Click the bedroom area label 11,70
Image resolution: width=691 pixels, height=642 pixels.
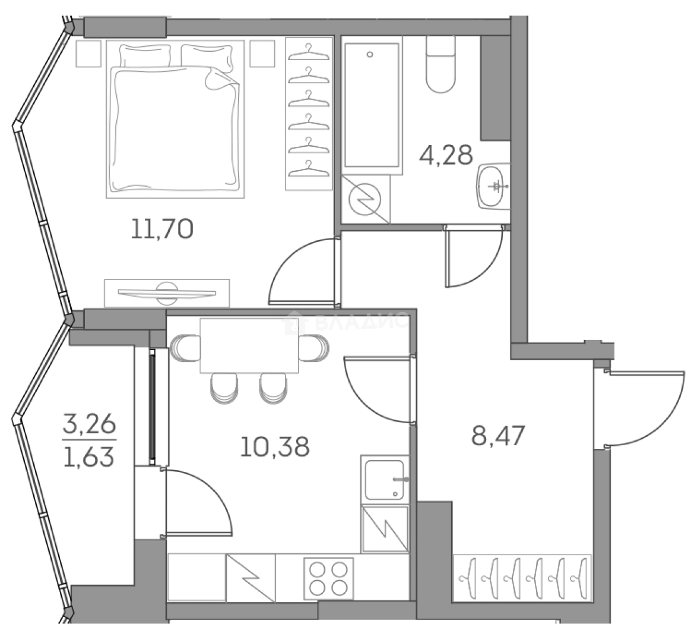coord(162,228)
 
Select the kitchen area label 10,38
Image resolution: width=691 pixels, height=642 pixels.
coord(274,446)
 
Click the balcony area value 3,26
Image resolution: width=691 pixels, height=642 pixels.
coord(89,426)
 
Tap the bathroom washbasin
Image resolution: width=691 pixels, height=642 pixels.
coord(493,186)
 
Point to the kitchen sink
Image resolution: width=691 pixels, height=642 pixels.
coord(386,479)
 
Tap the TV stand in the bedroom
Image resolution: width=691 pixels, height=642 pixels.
coord(166,292)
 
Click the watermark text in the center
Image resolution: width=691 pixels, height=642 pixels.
coord(350,323)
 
